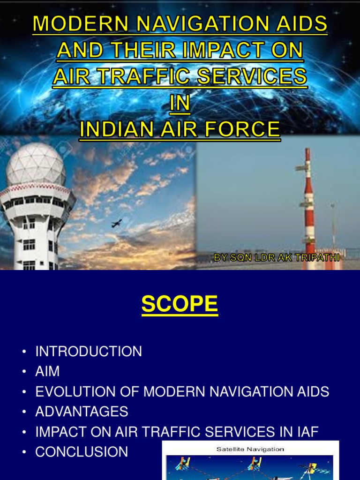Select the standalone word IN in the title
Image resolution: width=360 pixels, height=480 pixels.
pyautogui.click(x=180, y=103)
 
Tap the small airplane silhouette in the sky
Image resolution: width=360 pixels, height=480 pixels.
pyautogui.click(x=117, y=223)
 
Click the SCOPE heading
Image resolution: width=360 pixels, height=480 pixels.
pyautogui.click(x=180, y=304)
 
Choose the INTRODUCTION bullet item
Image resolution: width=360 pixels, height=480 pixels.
pyautogui.click(x=89, y=352)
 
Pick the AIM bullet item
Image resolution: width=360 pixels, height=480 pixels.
pyautogui.click(x=47, y=372)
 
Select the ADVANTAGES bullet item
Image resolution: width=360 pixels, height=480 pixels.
pyautogui.click(x=82, y=412)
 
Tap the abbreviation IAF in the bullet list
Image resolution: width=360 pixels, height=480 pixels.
pyautogui.click(x=305, y=432)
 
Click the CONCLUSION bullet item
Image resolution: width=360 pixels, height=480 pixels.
pyautogui.click(x=82, y=452)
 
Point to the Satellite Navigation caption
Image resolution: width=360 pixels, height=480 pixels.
pyautogui.click(x=250, y=449)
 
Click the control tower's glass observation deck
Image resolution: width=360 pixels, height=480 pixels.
pyautogui.click(x=35, y=202)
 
